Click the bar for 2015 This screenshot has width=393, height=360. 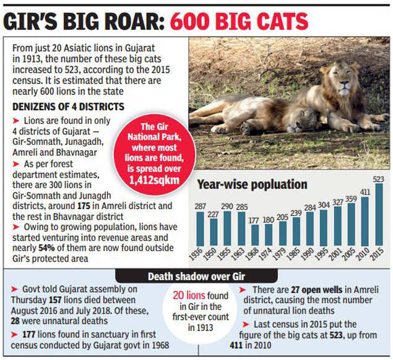click(378, 223)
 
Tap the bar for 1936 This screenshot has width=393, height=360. click(200, 228)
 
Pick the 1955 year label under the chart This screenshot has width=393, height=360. click(227, 255)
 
